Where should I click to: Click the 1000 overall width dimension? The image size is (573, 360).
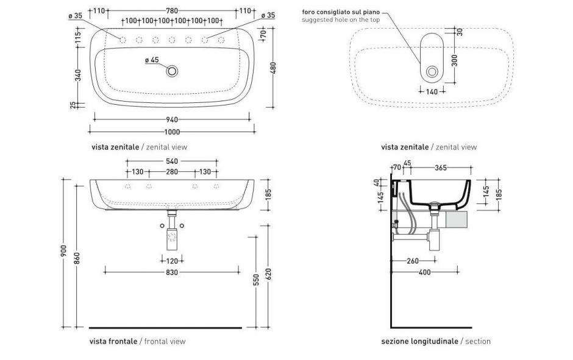[x=172, y=132]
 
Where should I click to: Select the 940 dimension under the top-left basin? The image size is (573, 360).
[x=172, y=119]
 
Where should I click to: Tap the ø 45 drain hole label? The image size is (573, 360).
[x=152, y=60]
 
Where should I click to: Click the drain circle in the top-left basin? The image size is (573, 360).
[x=173, y=71]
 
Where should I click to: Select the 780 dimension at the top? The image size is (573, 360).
[x=172, y=11]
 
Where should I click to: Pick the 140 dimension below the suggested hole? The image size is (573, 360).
[x=431, y=91]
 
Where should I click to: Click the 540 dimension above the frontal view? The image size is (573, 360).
[x=172, y=161]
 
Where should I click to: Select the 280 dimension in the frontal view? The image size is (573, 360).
[x=172, y=172]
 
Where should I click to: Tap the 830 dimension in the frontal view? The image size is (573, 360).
[x=172, y=272]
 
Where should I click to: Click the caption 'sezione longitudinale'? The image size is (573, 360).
[x=419, y=341]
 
